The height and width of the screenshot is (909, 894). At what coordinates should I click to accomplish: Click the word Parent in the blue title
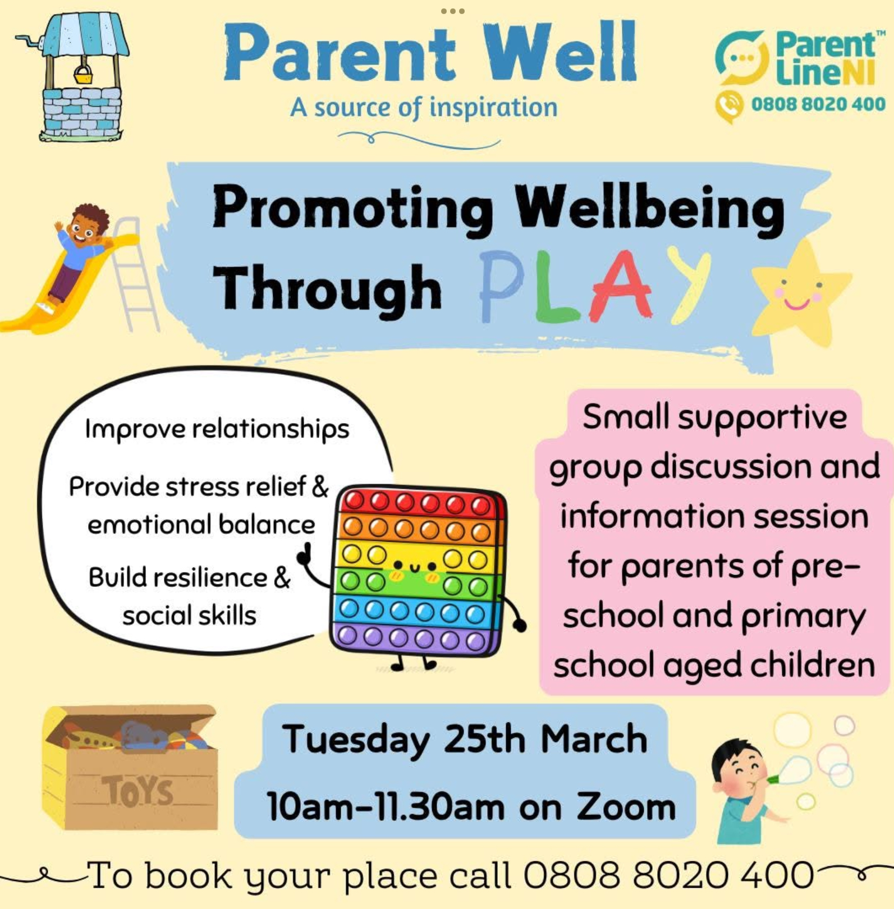click(x=340, y=53)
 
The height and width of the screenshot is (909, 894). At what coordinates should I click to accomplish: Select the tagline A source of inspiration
click(x=424, y=107)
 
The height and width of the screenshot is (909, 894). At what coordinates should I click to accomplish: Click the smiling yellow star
click(x=800, y=292)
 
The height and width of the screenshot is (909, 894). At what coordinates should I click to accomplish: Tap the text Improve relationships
click(x=217, y=429)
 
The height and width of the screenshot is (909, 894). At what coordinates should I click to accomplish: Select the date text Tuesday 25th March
click(x=465, y=740)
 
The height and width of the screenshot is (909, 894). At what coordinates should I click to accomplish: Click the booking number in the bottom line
click(x=668, y=875)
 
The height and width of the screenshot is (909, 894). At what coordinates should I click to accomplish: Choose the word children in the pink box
click(x=813, y=665)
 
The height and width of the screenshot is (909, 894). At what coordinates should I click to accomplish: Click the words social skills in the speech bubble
click(x=190, y=616)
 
